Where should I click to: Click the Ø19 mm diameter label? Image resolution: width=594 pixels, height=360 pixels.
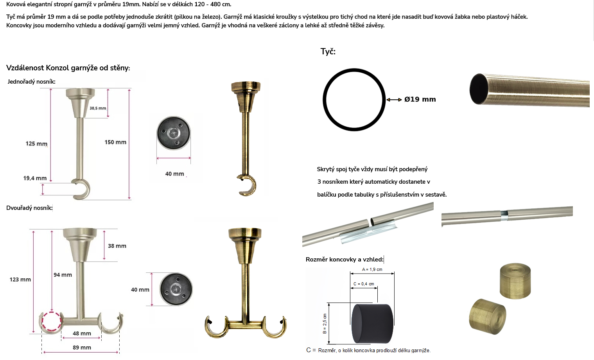click(x=420, y=99)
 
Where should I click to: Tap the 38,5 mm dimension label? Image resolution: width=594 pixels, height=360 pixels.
click(x=98, y=108)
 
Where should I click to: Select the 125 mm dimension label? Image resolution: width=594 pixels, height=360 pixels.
click(x=36, y=144)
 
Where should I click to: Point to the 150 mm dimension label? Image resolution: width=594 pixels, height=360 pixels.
click(x=115, y=142)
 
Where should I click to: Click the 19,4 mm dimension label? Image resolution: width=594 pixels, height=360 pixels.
click(x=35, y=178)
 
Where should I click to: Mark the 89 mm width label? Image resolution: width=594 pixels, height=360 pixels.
click(x=82, y=347)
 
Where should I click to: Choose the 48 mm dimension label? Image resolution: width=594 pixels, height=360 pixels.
click(x=82, y=333)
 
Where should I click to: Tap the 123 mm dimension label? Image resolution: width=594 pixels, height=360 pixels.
click(x=20, y=279)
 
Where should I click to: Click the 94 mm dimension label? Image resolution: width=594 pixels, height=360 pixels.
click(x=63, y=275)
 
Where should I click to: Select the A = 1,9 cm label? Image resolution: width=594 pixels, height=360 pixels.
click(x=372, y=269)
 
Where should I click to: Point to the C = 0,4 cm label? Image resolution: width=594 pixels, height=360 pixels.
click(x=364, y=284)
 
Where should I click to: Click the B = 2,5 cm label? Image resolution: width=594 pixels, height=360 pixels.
click(x=325, y=324)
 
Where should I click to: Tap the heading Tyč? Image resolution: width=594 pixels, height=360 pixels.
click(x=328, y=51)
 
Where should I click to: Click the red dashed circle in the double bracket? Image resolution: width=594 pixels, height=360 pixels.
click(x=42, y=321)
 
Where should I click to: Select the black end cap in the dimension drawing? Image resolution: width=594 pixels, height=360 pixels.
click(x=372, y=324)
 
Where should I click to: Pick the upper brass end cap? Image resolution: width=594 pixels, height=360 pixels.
click(x=515, y=281)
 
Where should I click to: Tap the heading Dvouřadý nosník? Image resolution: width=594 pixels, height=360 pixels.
click(x=29, y=208)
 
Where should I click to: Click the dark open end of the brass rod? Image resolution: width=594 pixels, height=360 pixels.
click(x=478, y=89)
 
